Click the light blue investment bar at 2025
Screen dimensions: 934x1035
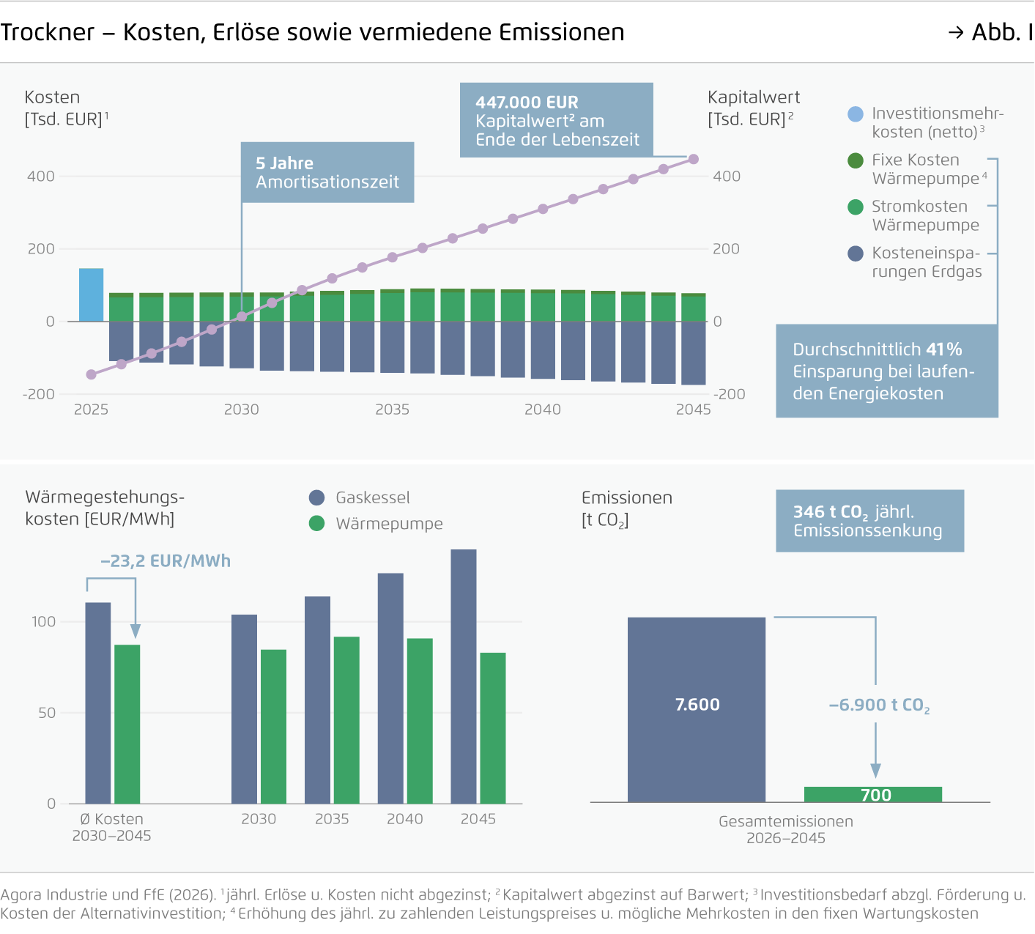coord(91,295)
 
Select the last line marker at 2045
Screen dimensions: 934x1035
coord(693,159)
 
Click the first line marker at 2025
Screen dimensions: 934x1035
coord(92,374)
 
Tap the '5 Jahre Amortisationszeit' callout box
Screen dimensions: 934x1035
coord(327,173)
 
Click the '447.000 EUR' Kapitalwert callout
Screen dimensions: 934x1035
coord(556,120)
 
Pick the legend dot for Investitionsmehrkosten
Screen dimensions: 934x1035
coord(855,114)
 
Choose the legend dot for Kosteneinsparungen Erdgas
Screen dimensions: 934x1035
coord(855,253)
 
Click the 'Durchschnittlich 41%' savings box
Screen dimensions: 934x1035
coord(886,371)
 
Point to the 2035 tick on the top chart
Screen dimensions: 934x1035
coord(392,409)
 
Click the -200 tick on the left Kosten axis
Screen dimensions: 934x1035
coord(40,394)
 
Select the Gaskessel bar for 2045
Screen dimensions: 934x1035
coord(464,676)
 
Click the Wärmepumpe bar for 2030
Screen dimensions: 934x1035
coord(273,726)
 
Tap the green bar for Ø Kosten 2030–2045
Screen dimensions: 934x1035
coord(127,724)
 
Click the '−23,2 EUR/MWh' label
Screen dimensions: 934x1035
coord(166,561)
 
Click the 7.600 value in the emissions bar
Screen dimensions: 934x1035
coord(697,705)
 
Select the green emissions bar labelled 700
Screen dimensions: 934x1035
coord(872,795)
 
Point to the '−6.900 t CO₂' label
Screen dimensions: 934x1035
coord(879,705)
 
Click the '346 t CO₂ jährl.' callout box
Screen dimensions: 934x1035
coord(869,521)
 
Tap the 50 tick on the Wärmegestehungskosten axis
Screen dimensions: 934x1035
coord(47,713)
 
